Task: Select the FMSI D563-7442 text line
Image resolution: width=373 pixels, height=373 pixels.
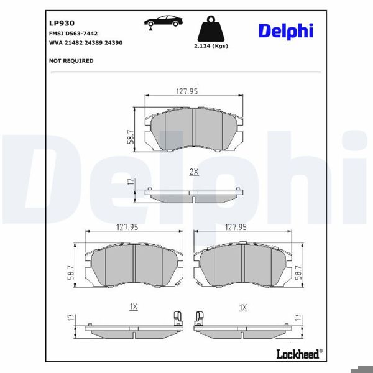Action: tap(73, 34)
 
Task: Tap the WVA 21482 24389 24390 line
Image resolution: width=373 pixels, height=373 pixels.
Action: tap(85, 43)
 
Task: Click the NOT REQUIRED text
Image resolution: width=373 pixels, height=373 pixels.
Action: tap(71, 61)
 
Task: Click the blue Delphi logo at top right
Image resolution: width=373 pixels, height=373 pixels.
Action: tap(285, 30)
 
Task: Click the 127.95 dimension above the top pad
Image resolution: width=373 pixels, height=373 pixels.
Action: tap(186, 91)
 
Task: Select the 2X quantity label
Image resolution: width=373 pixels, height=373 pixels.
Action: tap(193, 172)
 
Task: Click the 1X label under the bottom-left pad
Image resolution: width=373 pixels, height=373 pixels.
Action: tap(133, 307)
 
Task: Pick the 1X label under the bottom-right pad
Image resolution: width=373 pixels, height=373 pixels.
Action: tap(243, 307)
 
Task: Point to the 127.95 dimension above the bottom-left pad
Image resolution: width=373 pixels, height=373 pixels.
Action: tap(127, 228)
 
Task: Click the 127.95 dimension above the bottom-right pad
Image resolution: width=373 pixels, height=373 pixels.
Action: tap(236, 228)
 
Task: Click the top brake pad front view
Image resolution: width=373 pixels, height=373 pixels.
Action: tap(193, 129)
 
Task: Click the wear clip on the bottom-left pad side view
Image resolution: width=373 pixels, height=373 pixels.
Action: tap(178, 318)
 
